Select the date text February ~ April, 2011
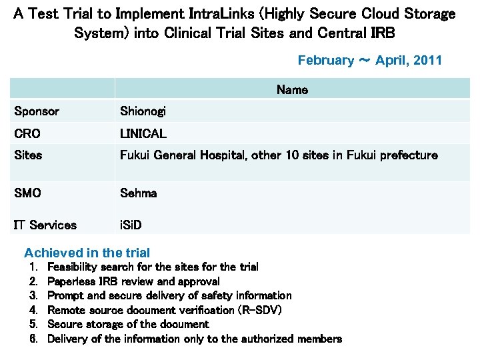pyautogui.click(x=369, y=61)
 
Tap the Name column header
pyautogui.click(x=292, y=90)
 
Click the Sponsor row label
pyautogui.click(x=37, y=111)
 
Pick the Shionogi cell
pyautogui.click(x=142, y=111)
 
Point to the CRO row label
pyautogui.click(x=27, y=134)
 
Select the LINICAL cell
pyautogui.click(x=143, y=134)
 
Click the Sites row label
pyautogui.click(x=28, y=155)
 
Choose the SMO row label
pyautogui.click(x=27, y=193)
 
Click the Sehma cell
pyautogui.click(x=138, y=193)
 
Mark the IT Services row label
pyautogui.click(x=45, y=225)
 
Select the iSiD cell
pyautogui.click(x=131, y=225)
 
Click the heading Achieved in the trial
pyautogui.click(x=87, y=253)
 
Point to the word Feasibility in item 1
pyautogui.click(x=72, y=267)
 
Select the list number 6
pyautogui.click(x=33, y=339)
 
